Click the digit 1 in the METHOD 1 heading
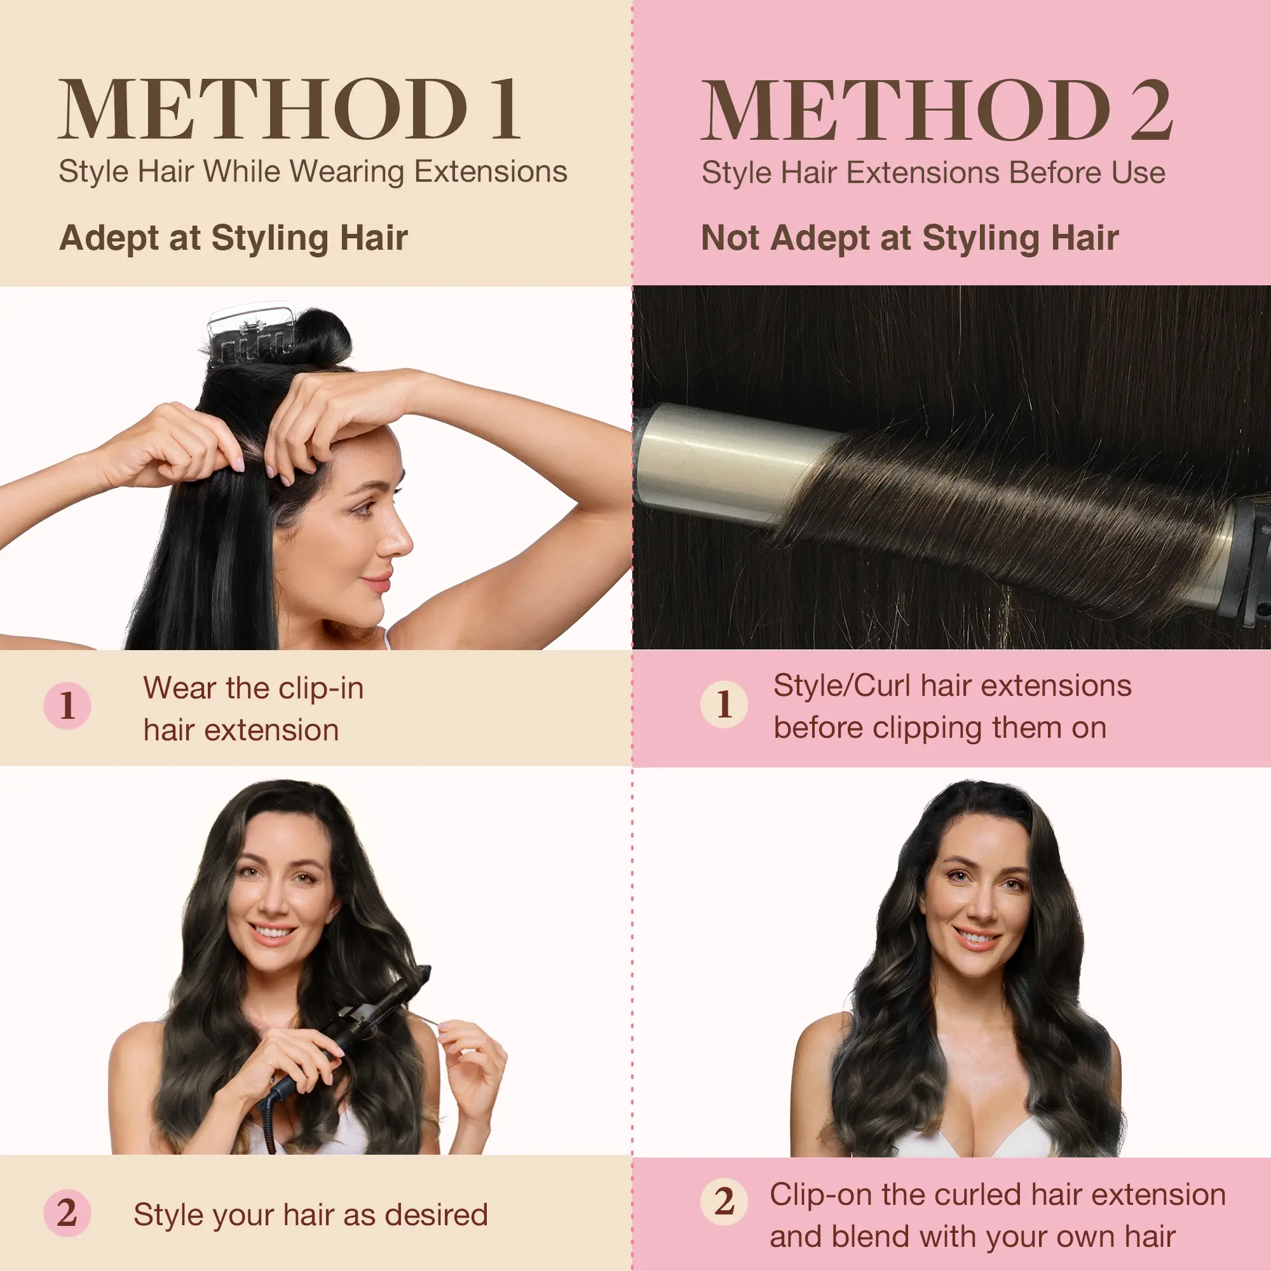[505, 109]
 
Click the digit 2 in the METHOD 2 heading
[1152, 109]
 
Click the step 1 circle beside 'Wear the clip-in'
[67, 705]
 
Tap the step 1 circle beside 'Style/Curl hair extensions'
[724, 704]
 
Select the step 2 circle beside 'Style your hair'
[67, 1213]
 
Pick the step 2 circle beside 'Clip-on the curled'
[724, 1201]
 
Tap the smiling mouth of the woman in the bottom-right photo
[977, 937]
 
